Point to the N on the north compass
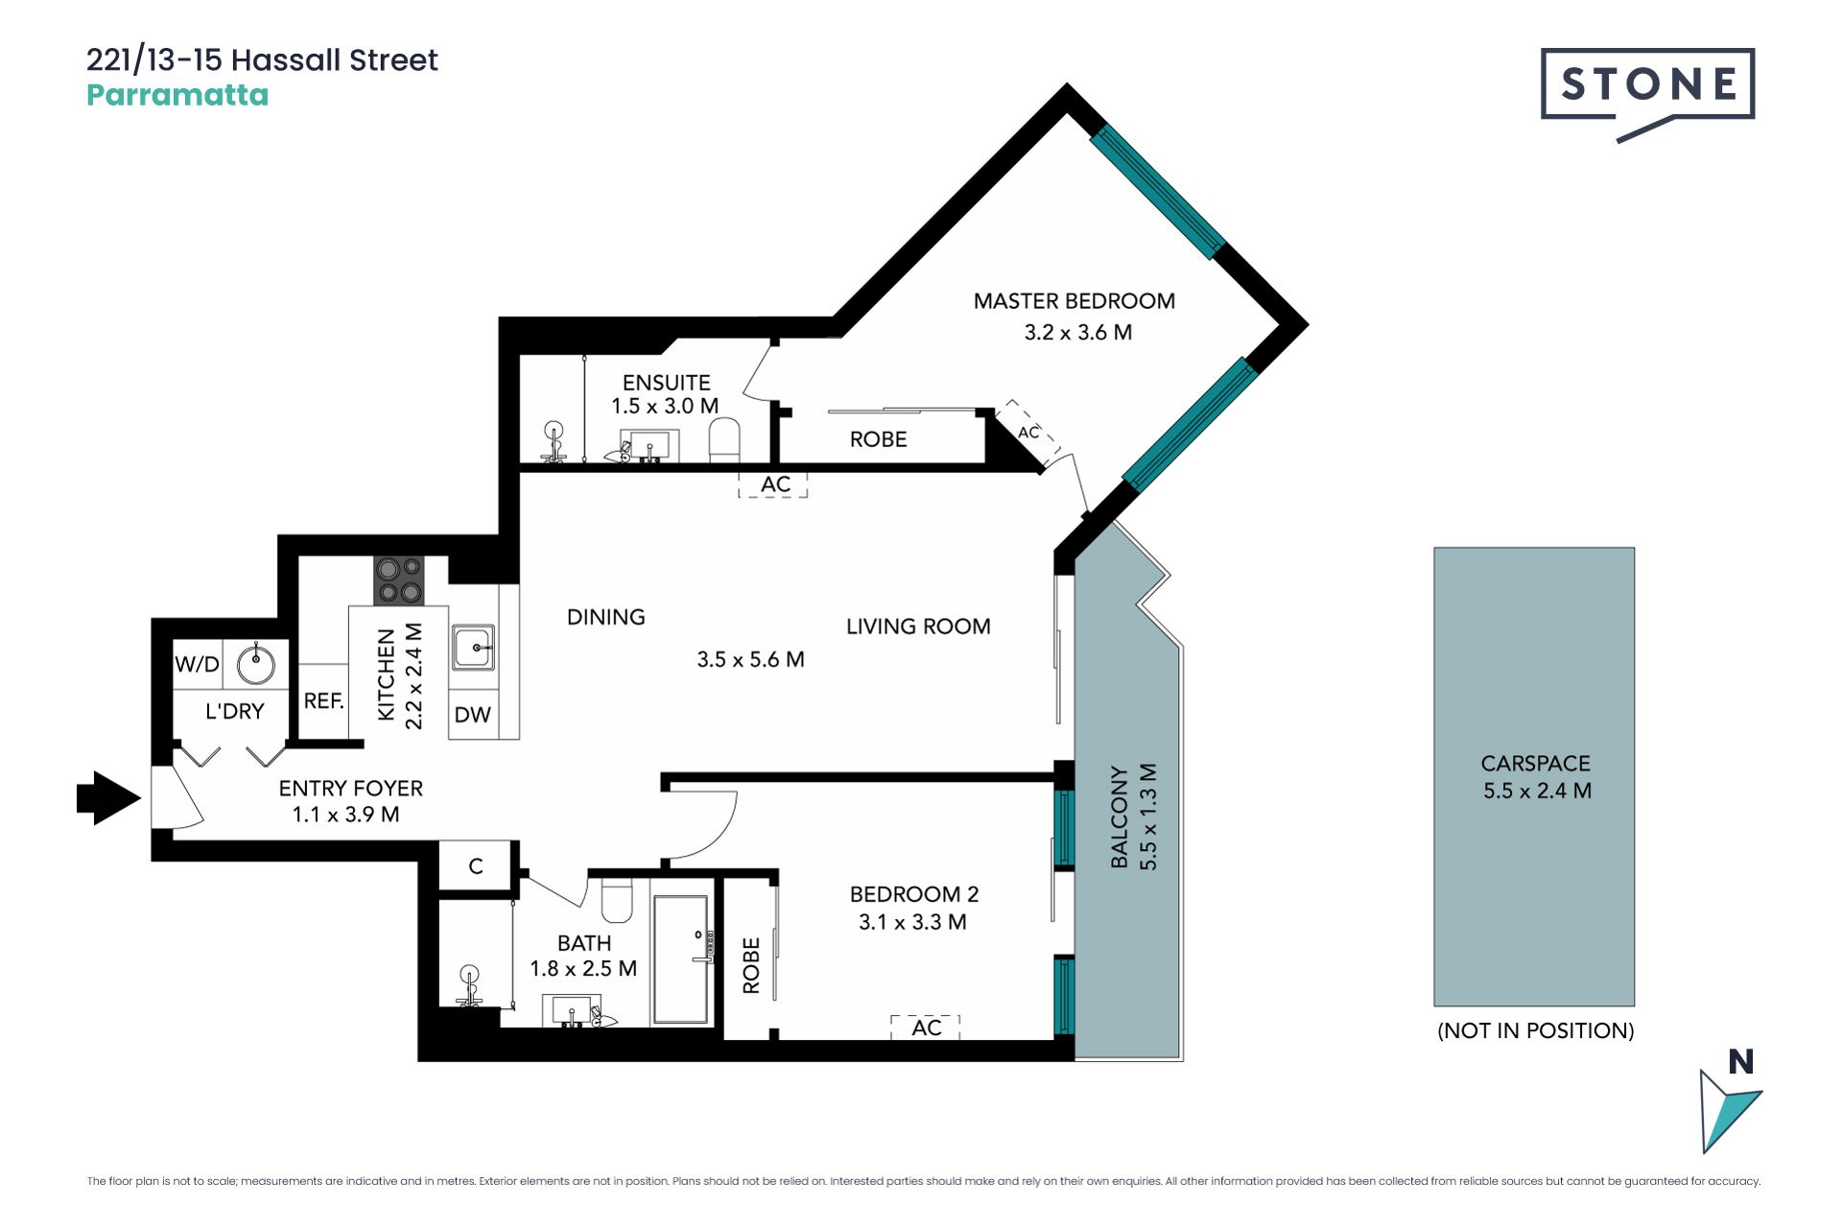coord(1741,1062)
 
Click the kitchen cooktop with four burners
coord(399,580)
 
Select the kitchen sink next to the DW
coord(474,647)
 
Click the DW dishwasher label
coord(473,715)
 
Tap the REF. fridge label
coord(324,701)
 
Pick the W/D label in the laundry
coord(197,664)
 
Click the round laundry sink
coord(256,664)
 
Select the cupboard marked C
coord(476,866)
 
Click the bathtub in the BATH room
coord(680,959)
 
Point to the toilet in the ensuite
coord(724,439)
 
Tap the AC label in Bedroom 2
coord(927,1027)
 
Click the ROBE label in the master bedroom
coord(878,439)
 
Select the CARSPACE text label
coord(1535,764)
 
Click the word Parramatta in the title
coord(177,95)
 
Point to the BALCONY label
coord(1119,816)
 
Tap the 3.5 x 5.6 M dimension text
coord(750,660)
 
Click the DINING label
coord(606,617)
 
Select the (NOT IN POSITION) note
coord(1535,1030)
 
